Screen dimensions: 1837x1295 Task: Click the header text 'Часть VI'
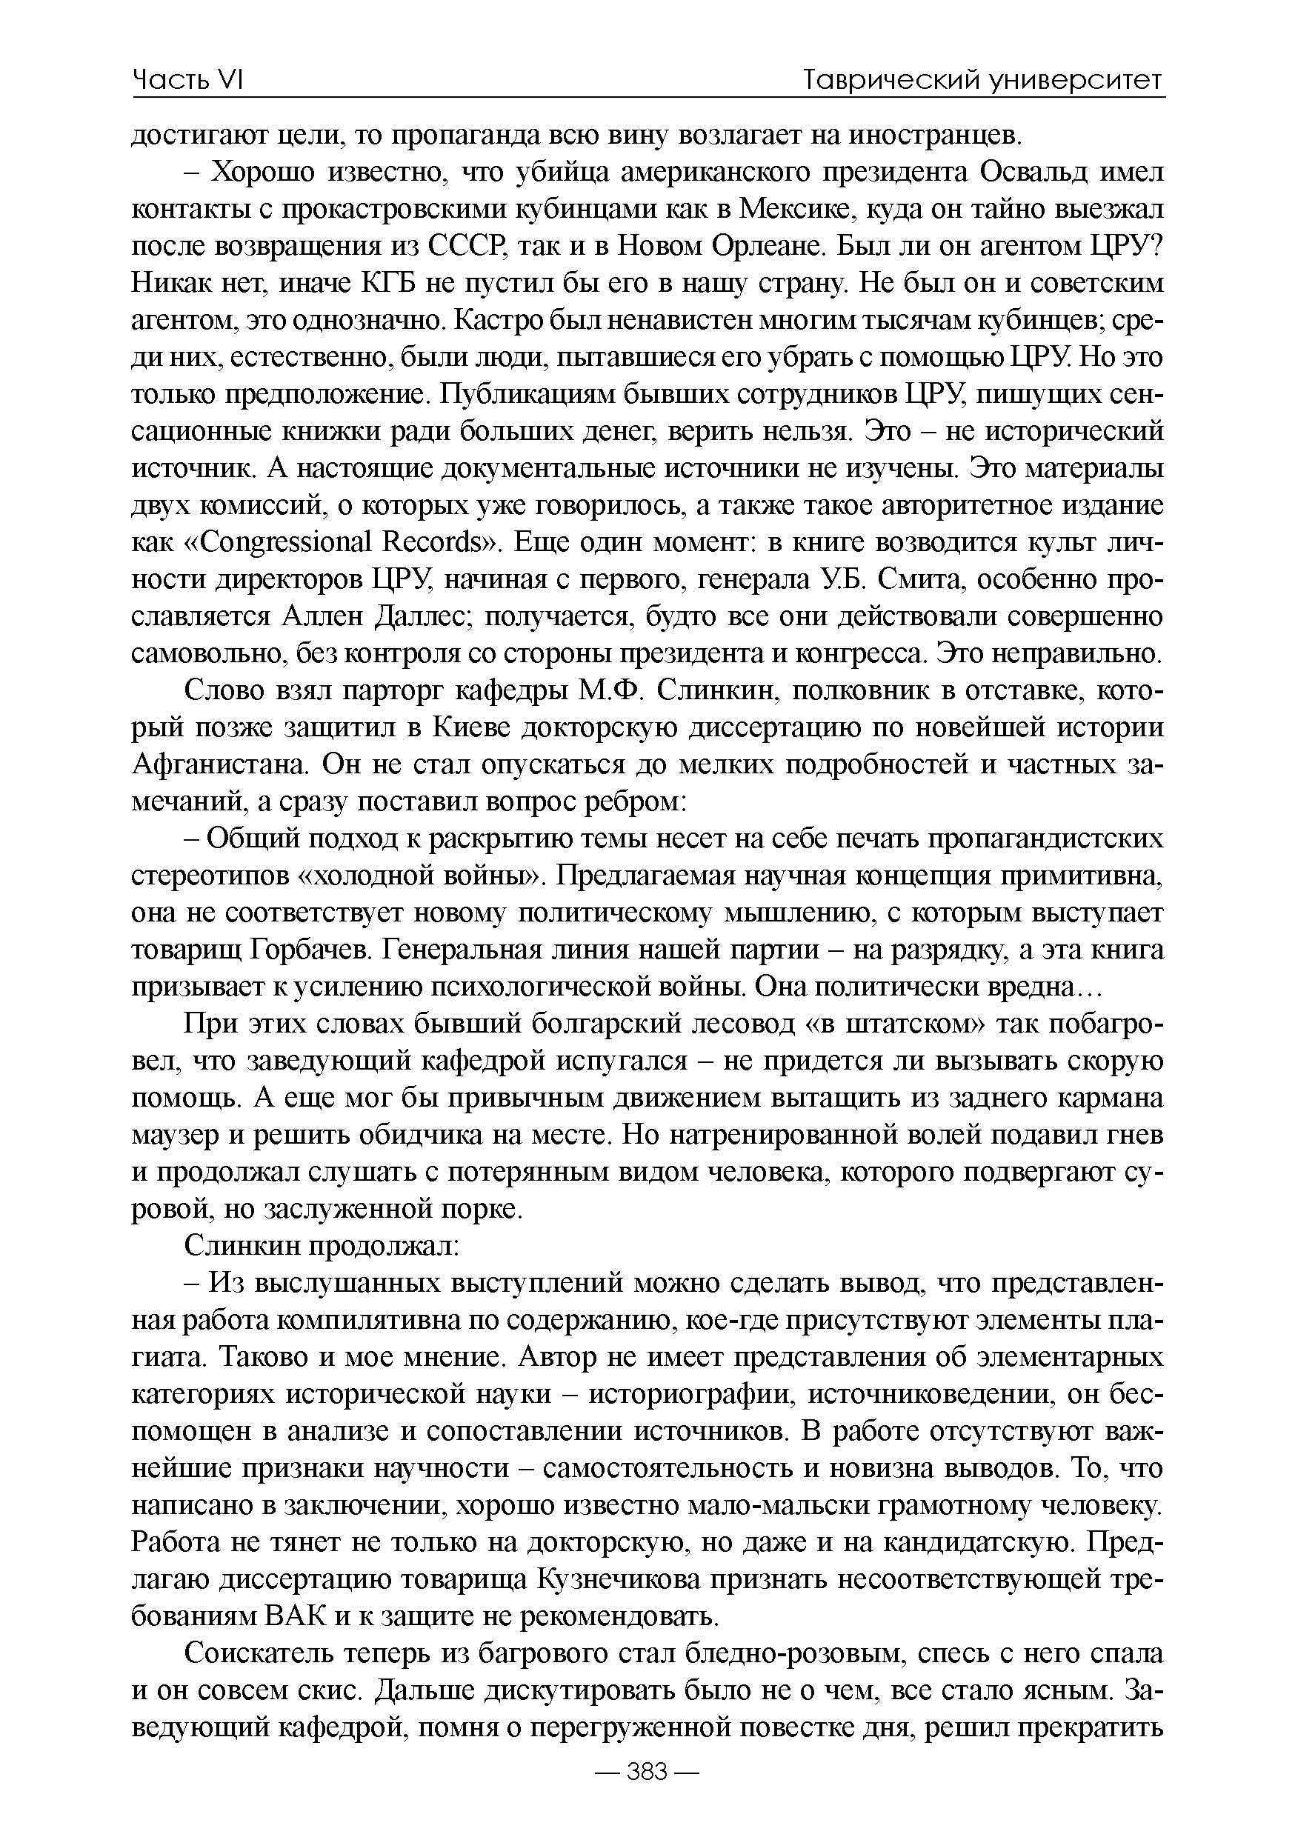187,80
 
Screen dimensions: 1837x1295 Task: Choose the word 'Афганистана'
220,764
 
